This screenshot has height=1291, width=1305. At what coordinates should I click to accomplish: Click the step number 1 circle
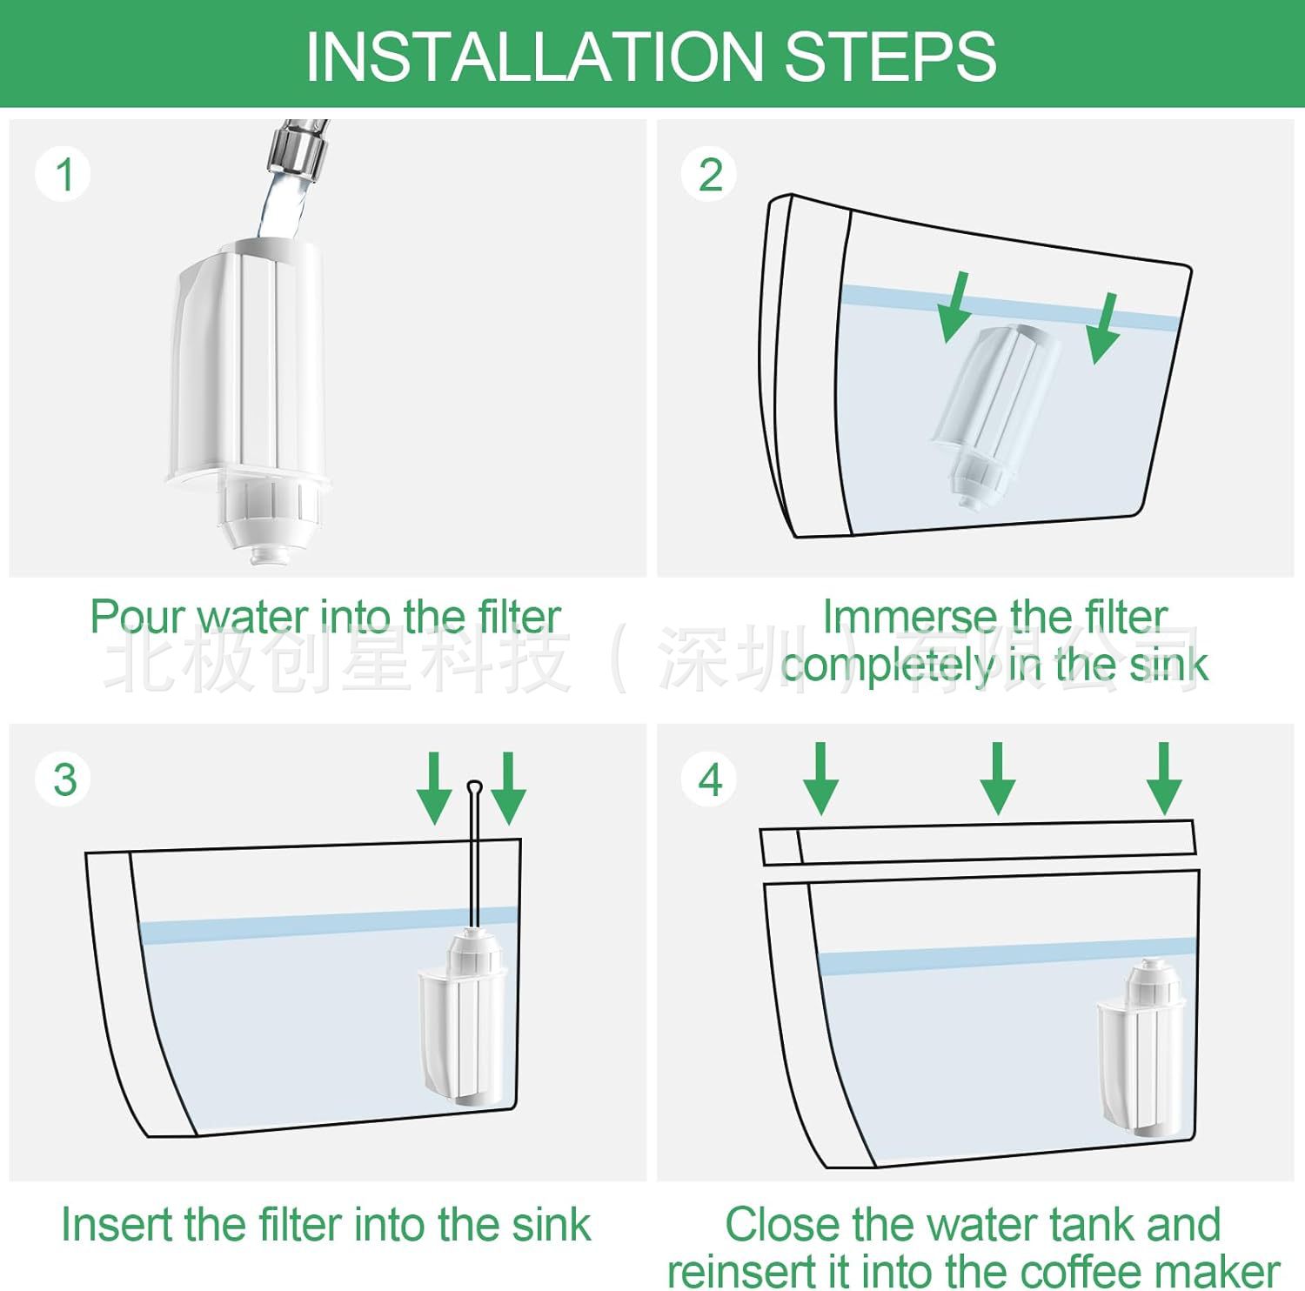(x=64, y=174)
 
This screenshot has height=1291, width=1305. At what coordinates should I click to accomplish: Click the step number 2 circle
(x=710, y=174)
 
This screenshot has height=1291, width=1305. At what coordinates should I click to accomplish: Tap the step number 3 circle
(x=64, y=779)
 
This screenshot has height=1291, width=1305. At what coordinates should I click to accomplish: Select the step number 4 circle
(x=710, y=779)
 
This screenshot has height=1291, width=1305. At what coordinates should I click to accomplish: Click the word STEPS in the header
(x=890, y=57)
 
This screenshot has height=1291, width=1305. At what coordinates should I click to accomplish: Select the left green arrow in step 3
(x=434, y=788)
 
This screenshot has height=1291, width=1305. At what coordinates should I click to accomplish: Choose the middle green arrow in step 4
(x=998, y=779)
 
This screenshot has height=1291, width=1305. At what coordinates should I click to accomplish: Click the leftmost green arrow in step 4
(x=820, y=779)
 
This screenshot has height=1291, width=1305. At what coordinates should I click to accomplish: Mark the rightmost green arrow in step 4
(x=1164, y=779)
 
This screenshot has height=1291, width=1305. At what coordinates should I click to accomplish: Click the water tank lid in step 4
(x=978, y=842)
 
